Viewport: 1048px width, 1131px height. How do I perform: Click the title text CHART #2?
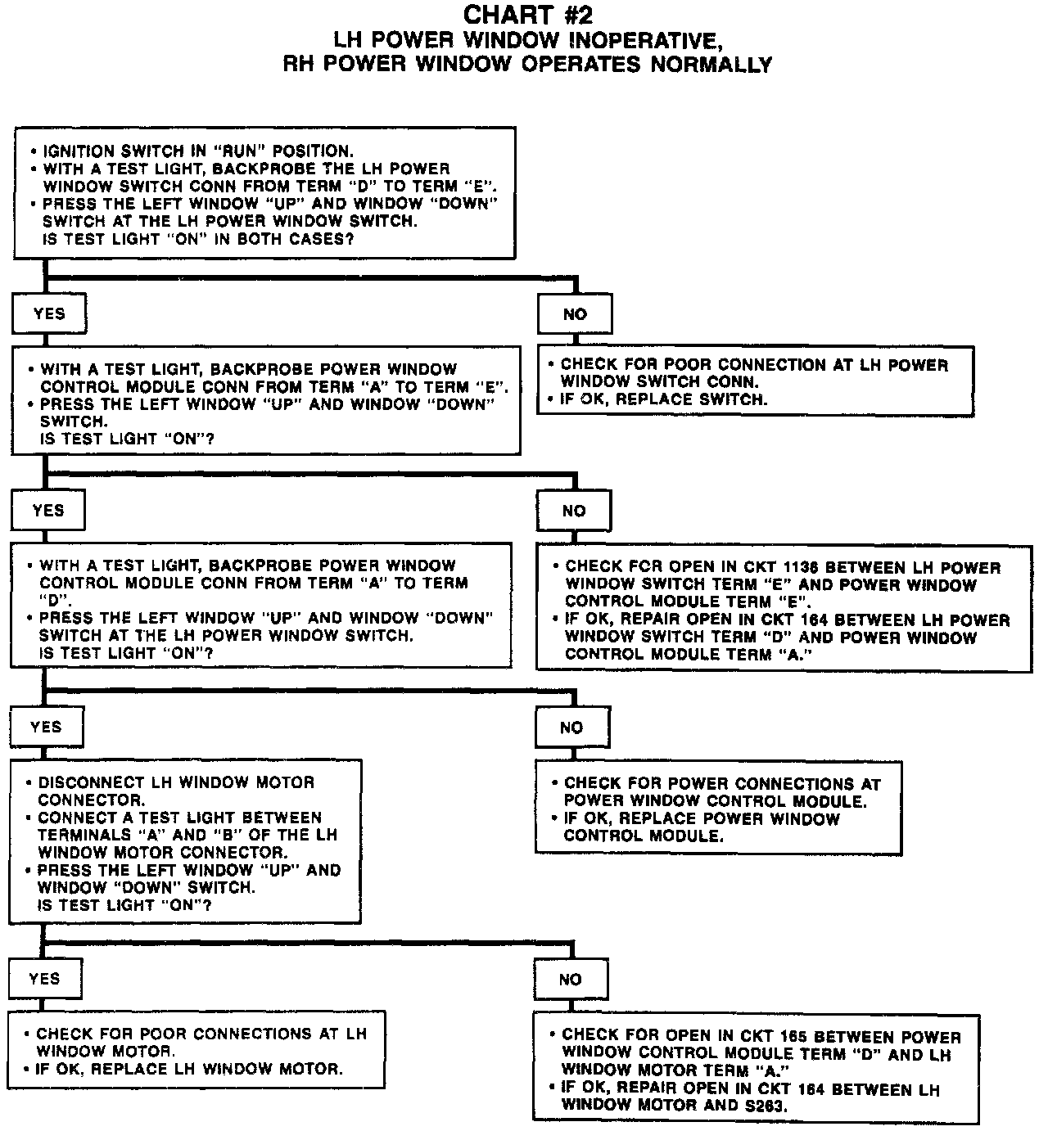[527, 16]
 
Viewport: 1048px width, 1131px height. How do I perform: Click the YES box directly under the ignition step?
[49, 313]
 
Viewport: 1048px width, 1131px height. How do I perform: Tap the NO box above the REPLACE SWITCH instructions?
[575, 314]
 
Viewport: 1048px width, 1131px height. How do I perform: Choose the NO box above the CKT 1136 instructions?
[574, 511]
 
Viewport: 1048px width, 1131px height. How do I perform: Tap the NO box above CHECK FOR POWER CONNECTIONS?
[571, 728]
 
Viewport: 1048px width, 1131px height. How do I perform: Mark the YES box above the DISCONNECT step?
[46, 727]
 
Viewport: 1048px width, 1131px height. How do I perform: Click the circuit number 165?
[814, 1035]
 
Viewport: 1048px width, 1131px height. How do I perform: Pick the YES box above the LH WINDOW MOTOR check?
[44, 979]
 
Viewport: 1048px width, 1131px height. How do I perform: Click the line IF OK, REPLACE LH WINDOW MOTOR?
[188, 1069]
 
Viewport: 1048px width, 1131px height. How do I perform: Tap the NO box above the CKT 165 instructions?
[570, 980]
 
